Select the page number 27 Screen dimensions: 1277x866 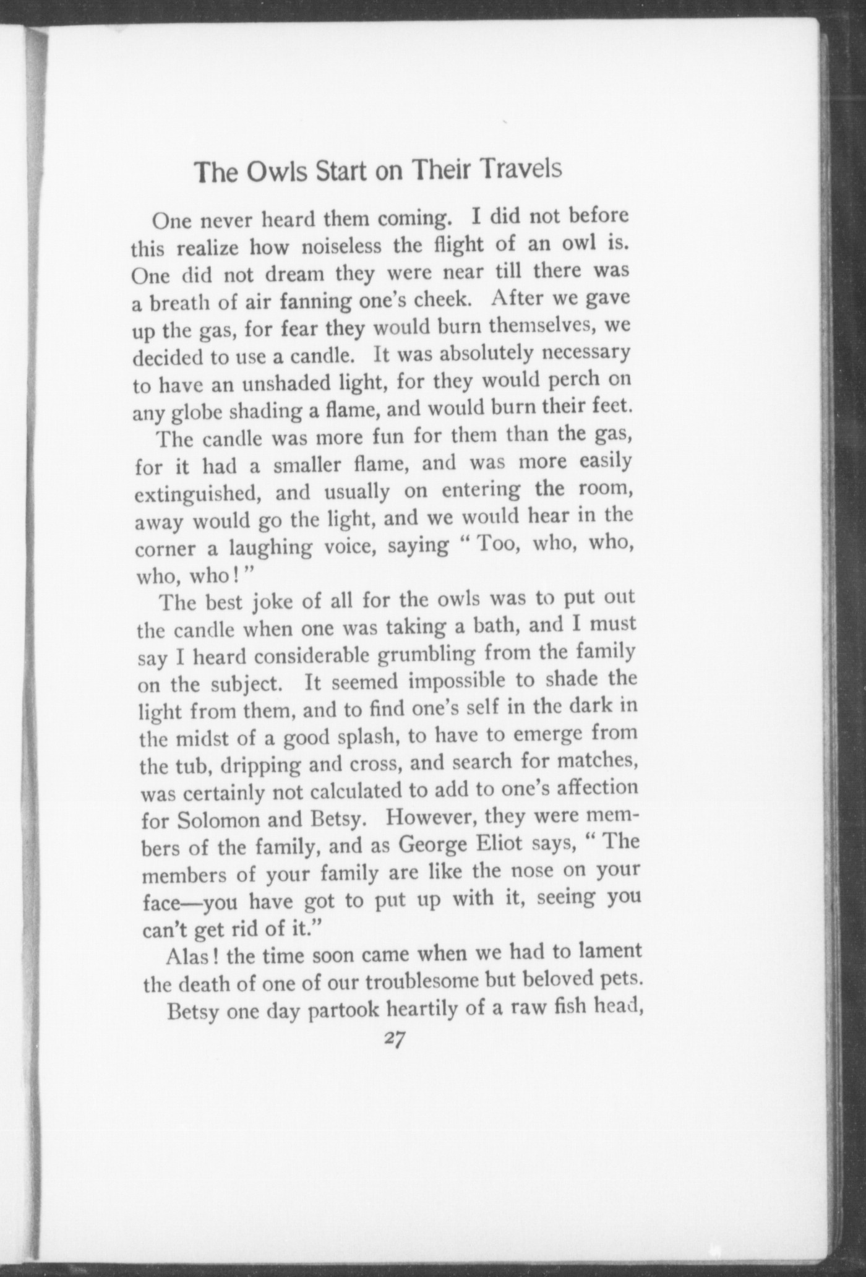point(394,1040)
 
